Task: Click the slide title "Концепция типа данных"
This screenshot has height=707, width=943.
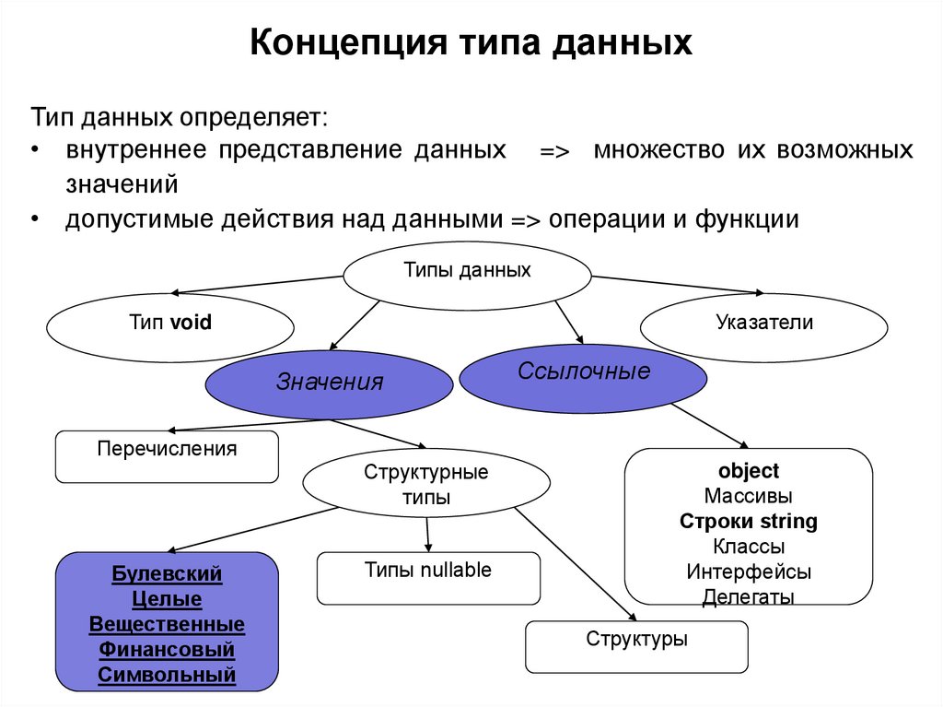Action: point(471,43)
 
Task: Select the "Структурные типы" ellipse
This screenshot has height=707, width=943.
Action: point(426,485)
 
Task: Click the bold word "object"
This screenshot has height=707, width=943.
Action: point(749,471)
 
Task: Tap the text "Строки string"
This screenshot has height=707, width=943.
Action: point(749,522)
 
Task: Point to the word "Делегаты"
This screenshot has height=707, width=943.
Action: point(749,596)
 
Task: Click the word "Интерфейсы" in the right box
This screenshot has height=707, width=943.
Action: point(749,571)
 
